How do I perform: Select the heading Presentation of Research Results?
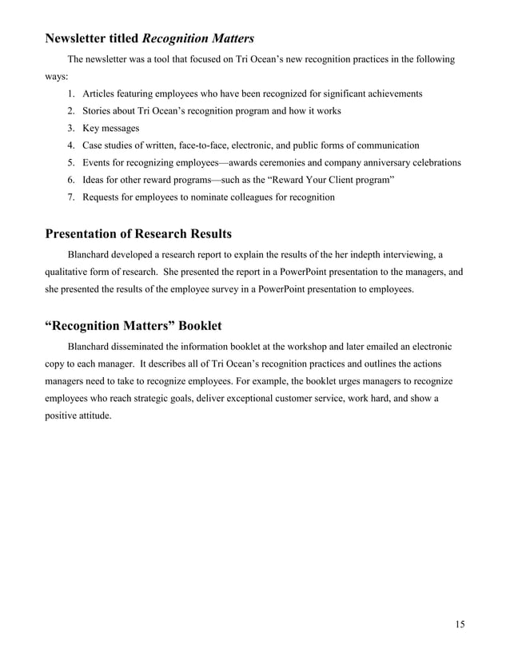coord(138,234)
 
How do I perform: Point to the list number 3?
coord(71,129)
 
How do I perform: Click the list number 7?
coord(71,197)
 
